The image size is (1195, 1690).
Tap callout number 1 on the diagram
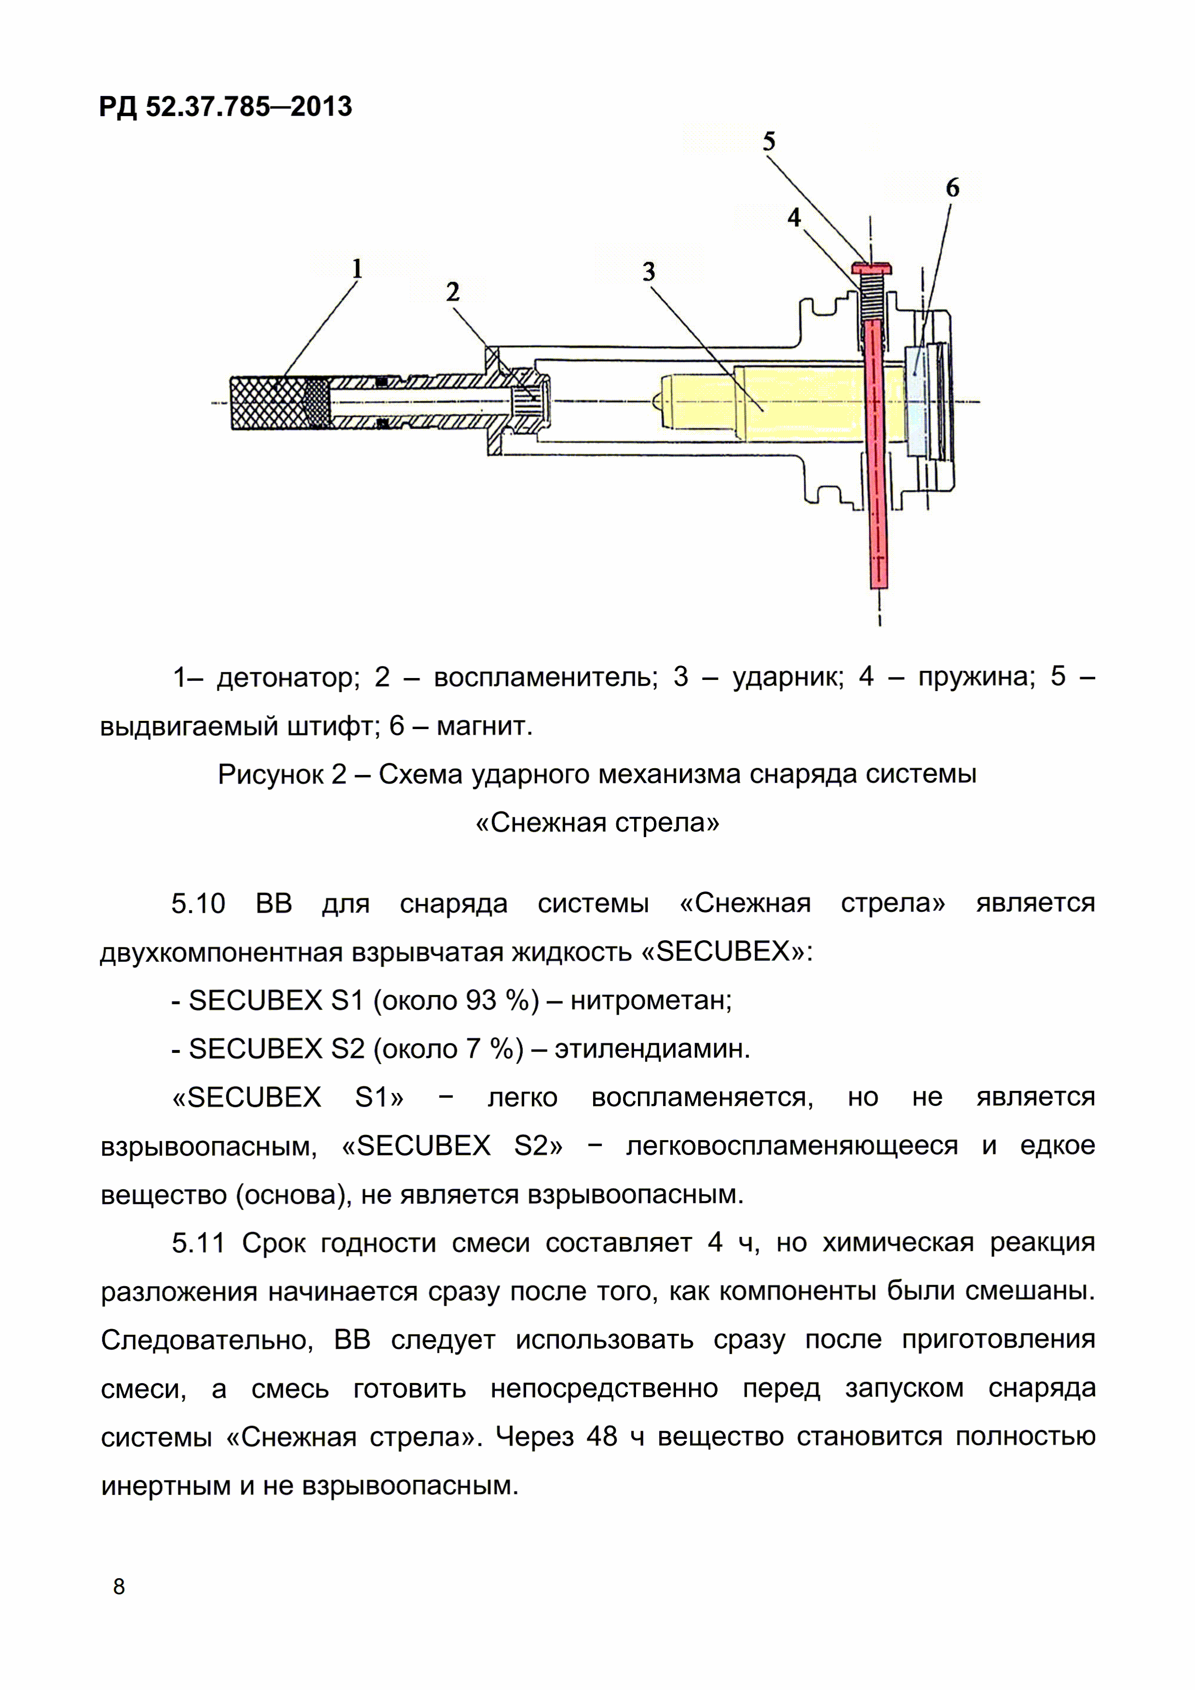(357, 269)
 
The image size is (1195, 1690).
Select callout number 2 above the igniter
(452, 292)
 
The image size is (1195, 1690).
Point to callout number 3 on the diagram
(648, 272)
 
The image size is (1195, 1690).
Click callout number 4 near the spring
(794, 217)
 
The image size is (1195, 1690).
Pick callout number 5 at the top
(769, 141)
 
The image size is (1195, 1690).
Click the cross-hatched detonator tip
(268, 403)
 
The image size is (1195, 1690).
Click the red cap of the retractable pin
(872, 266)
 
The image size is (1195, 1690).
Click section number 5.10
(198, 903)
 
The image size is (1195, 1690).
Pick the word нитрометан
(651, 1000)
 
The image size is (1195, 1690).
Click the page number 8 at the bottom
(119, 1586)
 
